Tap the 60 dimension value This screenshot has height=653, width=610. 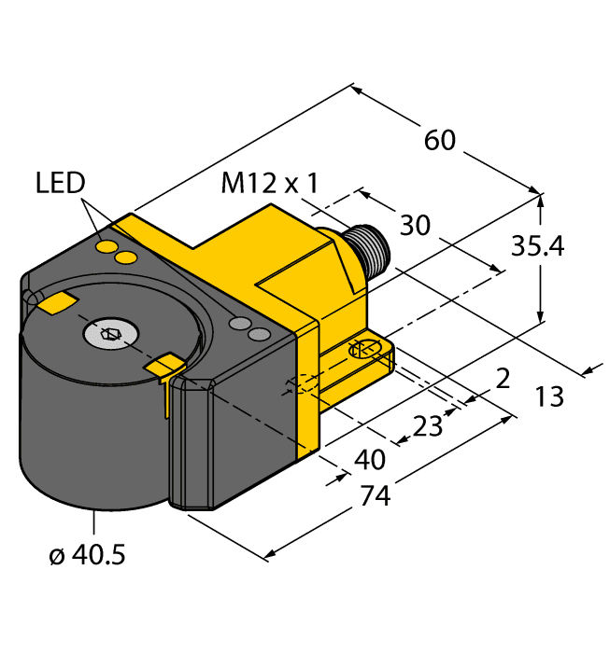pyautogui.click(x=440, y=140)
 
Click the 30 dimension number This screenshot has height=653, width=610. pyautogui.click(x=416, y=225)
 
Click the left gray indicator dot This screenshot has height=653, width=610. pyautogui.click(x=240, y=324)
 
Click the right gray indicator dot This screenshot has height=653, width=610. pyautogui.click(x=260, y=333)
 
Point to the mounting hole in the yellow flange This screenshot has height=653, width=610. pyautogui.click(x=363, y=350)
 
